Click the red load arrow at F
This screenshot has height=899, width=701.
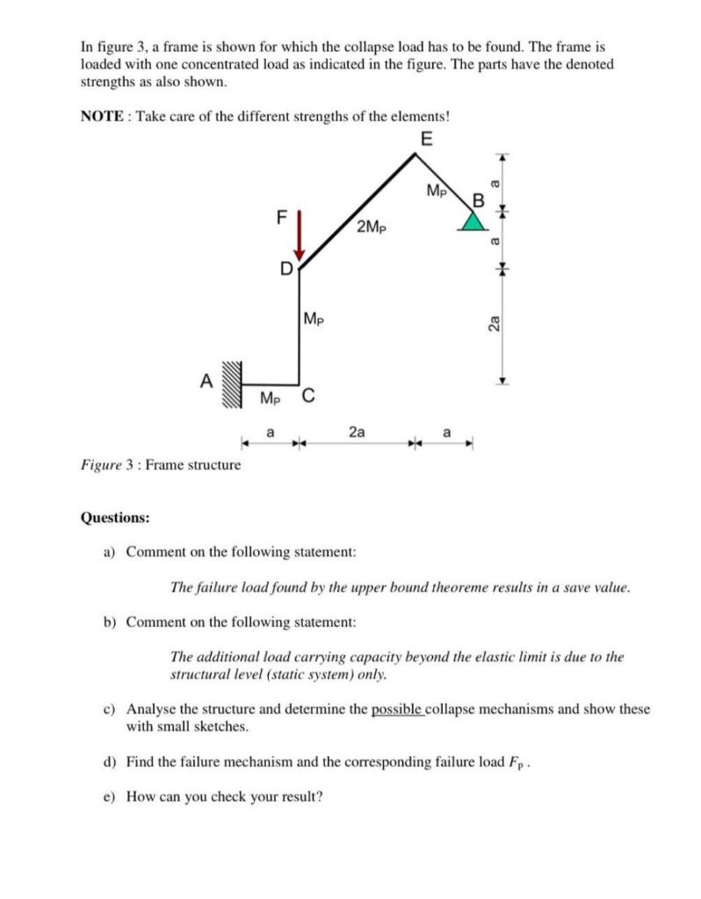click(x=299, y=236)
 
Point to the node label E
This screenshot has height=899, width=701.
click(x=426, y=140)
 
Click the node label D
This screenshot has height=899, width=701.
click(x=285, y=267)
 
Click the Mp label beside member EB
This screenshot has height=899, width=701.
click(x=437, y=191)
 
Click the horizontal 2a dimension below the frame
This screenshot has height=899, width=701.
click(x=358, y=432)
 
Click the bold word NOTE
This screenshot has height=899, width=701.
click(x=100, y=117)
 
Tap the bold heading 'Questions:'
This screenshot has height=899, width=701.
click(x=114, y=517)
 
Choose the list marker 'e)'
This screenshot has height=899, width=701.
click(x=110, y=796)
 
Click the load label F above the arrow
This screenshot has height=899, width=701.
click(x=281, y=214)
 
